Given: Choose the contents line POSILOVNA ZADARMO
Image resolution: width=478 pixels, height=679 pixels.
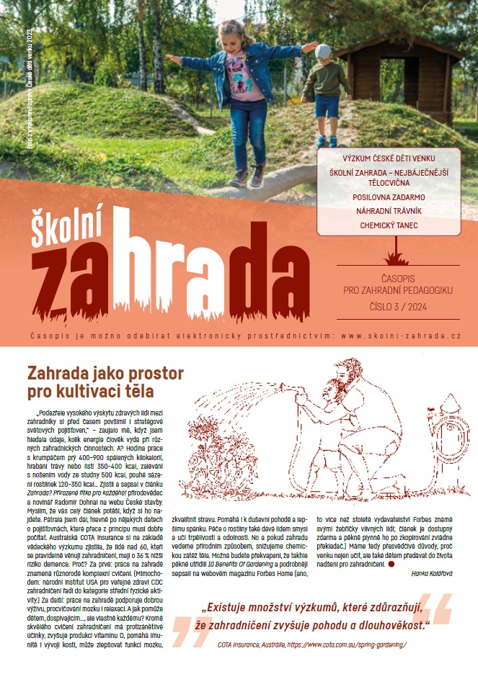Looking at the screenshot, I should tap(389, 196).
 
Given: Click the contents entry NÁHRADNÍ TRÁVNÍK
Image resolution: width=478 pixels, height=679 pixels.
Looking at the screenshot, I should tap(389, 210).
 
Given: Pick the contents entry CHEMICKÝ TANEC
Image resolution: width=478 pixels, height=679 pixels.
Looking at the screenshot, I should tap(389, 225).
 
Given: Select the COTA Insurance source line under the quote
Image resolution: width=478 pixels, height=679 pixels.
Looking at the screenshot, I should tap(312, 644).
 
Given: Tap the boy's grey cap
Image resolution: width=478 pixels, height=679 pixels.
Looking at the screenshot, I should tap(324, 52).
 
